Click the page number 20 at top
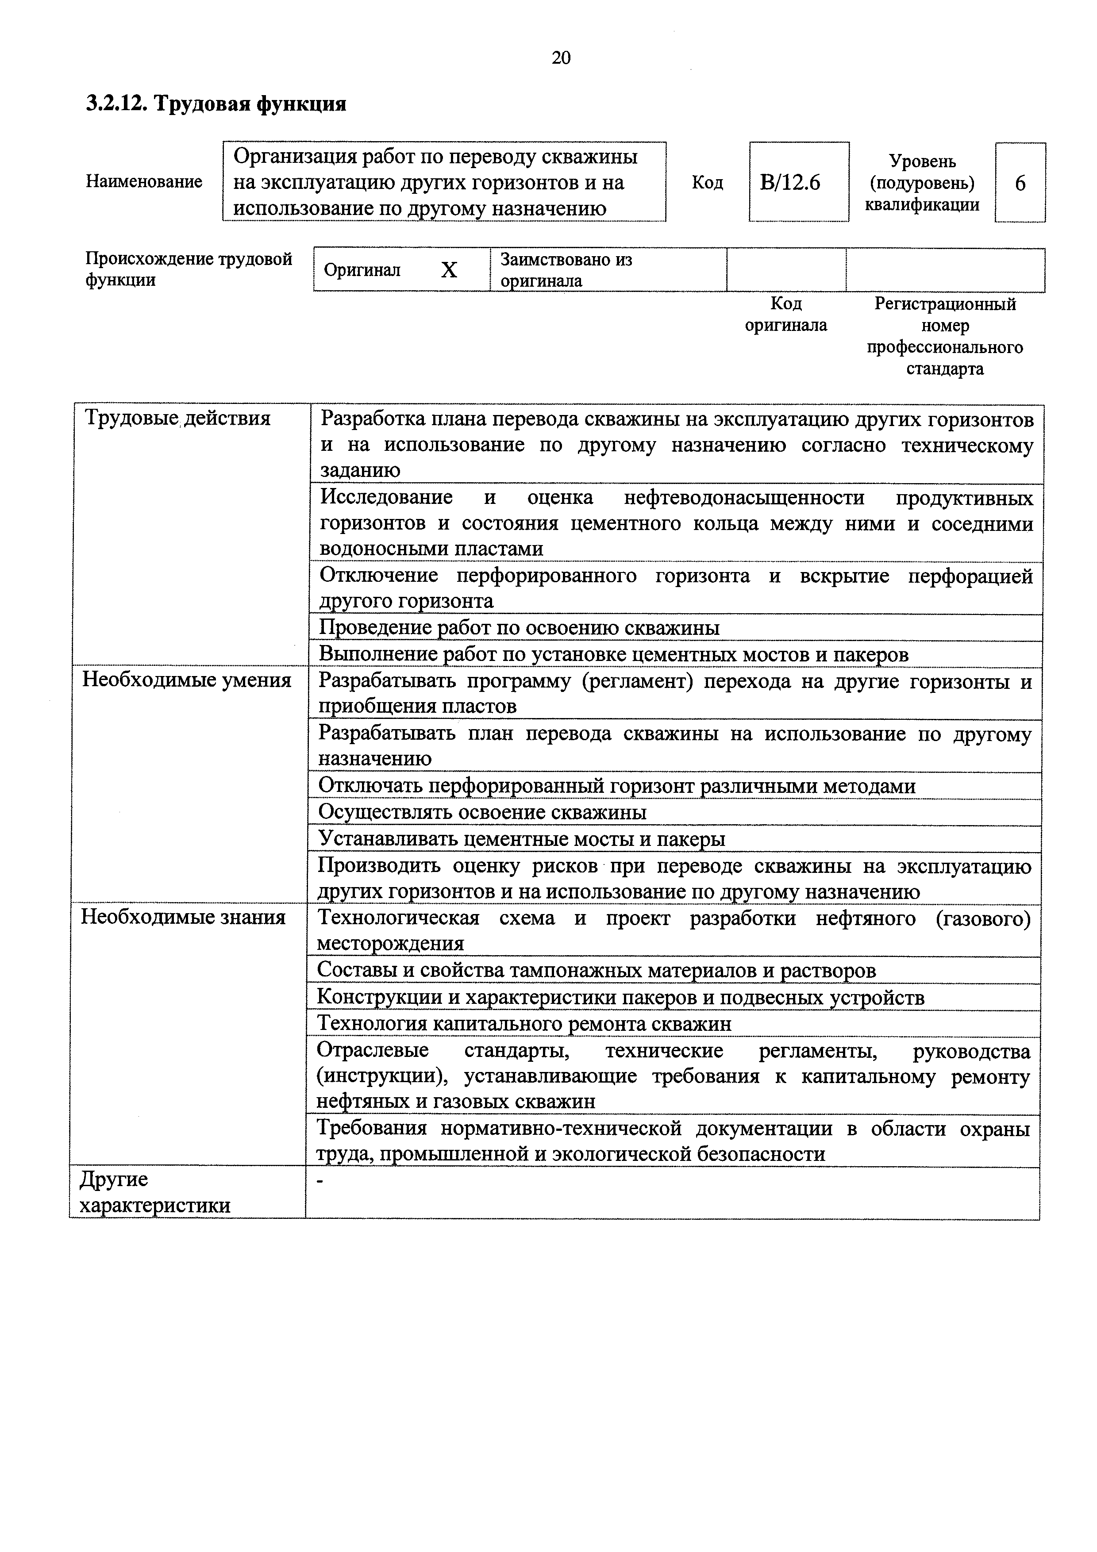tap(561, 58)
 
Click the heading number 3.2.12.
tap(116, 104)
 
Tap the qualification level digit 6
tap(1020, 183)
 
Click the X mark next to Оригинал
tap(449, 270)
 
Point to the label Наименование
tap(144, 182)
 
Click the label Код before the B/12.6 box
tap(707, 183)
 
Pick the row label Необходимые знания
tap(183, 917)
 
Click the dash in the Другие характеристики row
tap(321, 1181)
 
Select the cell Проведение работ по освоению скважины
tap(519, 628)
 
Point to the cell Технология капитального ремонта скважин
tap(524, 1024)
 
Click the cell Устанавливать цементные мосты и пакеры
tap(521, 839)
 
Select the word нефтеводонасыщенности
tap(744, 498)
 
